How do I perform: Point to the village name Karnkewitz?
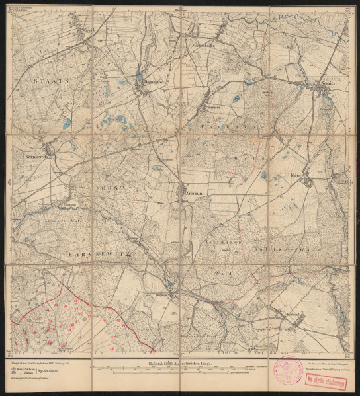pyautogui.click(x=34, y=156)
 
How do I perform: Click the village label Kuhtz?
pyautogui.click(x=296, y=176)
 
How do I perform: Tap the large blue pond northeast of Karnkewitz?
pyautogui.click(x=67, y=124)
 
